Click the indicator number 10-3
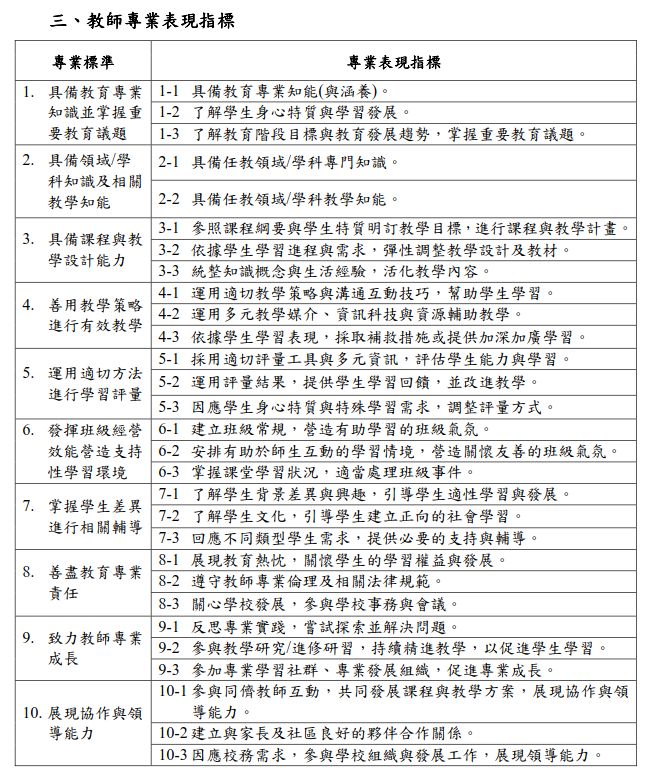pos(173,755)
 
